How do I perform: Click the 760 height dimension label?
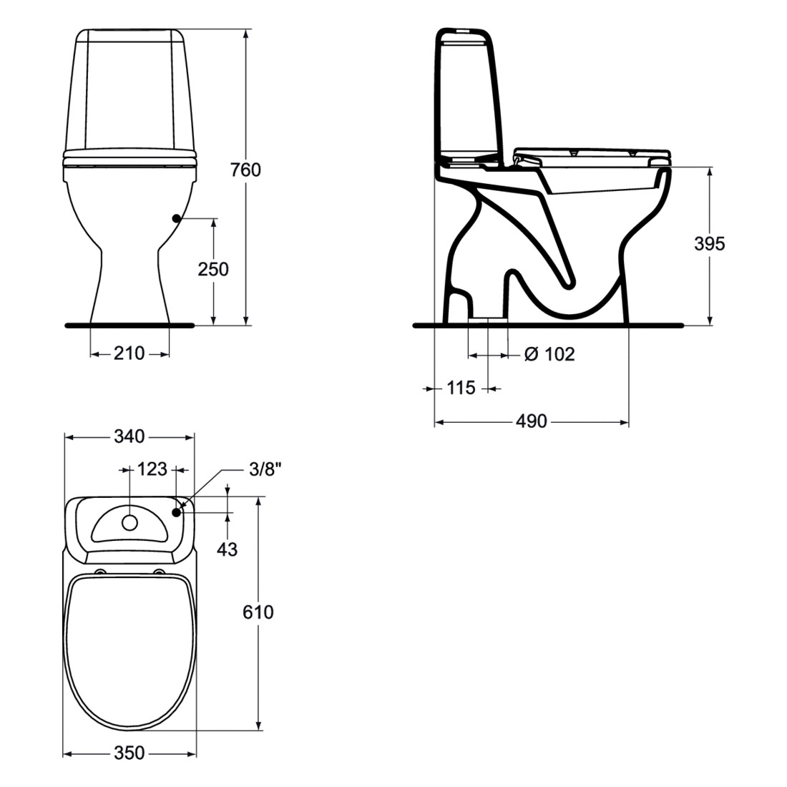[x=245, y=170]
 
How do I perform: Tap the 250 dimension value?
[x=212, y=270]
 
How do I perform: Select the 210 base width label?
[x=129, y=353]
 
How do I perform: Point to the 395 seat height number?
[x=710, y=243]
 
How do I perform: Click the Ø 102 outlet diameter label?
[x=549, y=354]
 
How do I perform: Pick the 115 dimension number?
[x=461, y=388]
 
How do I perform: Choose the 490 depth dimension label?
[x=532, y=421]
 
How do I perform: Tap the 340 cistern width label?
[x=129, y=436]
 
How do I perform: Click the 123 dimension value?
[x=152, y=469]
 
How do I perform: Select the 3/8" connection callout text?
[x=265, y=469]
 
